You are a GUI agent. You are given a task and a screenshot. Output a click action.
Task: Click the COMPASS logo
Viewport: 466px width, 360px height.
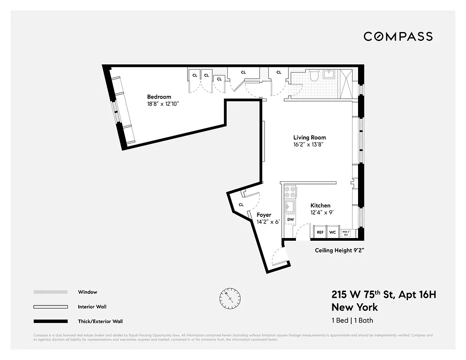click(398, 36)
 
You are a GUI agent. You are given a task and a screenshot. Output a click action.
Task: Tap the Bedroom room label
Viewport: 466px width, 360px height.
click(159, 97)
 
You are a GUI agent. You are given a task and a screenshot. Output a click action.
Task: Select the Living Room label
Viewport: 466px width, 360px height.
click(309, 138)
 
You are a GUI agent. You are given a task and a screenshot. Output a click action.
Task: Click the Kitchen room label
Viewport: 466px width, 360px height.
click(320, 206)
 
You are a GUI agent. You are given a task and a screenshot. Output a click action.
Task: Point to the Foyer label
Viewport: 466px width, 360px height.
click(264, 215)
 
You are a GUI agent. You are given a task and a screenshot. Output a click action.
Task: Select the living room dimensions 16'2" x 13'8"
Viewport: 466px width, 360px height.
click(309, 145)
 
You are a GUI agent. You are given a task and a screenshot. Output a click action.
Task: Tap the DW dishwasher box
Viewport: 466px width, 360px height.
click(291, 220)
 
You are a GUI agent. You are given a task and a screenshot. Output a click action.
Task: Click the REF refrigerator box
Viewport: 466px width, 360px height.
click(320, 233)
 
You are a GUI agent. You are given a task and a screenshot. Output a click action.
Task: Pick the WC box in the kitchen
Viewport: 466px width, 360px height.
click(332, 233)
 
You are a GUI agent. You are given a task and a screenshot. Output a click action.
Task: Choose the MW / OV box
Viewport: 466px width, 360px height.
click(345, 233)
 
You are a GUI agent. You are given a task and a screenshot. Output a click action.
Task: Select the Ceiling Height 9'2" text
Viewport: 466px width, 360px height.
click(339, 250)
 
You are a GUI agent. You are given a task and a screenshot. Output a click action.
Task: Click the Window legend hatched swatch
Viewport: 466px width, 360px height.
click(50, 292)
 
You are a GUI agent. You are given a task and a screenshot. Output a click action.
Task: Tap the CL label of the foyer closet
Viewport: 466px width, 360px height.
click(241, 205)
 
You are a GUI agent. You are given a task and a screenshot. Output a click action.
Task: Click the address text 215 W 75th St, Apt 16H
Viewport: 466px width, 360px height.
click(384, 295)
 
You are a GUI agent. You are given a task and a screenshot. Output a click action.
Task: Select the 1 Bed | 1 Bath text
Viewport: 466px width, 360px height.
click(352, 321)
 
